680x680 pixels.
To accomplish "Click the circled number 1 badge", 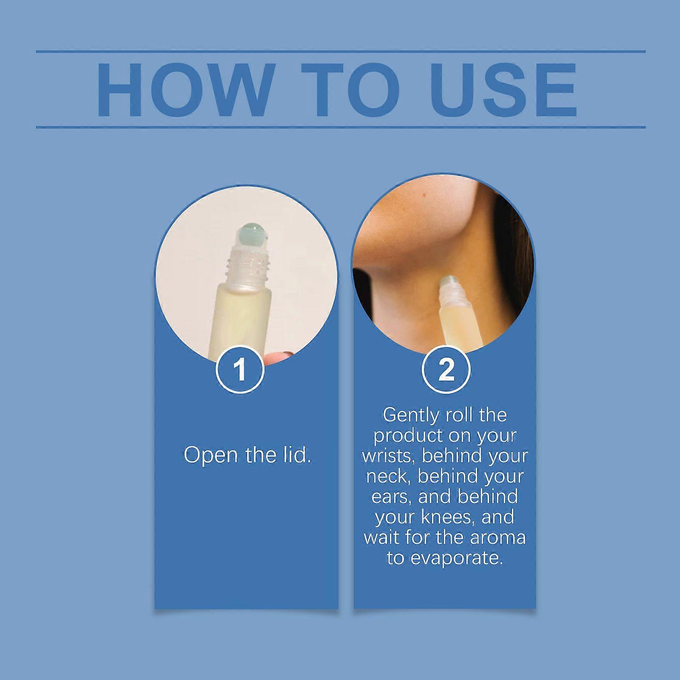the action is [241, 369].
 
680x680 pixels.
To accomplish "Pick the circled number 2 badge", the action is [446, 369].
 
